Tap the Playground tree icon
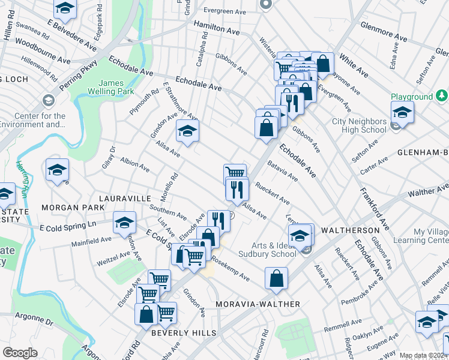442,95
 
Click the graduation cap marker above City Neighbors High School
402,112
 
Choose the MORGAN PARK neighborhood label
65,208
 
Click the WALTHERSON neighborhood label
351,230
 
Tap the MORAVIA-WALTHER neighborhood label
258,304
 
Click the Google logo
20,353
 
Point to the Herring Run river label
23,173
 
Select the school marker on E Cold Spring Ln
124,223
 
